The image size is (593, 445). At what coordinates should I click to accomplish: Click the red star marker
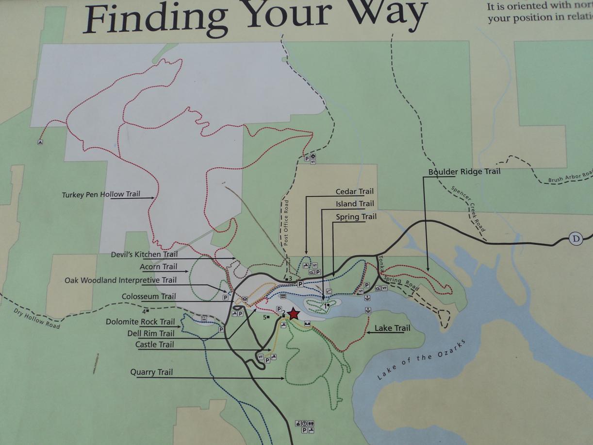[x=294, y=314]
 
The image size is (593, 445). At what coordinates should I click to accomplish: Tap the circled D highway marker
[x=576, y=239]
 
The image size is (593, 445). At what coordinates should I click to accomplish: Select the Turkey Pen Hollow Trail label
[x=101, y=194]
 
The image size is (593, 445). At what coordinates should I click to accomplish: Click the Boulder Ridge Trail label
[x=464, y=171]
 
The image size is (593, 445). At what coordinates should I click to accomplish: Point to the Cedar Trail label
[x=355, y=192]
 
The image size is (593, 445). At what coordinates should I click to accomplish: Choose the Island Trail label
[x=355, y=204]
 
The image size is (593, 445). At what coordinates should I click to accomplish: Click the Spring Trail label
[x=356, y=217]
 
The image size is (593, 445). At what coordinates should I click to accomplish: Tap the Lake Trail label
[x=392, y=328]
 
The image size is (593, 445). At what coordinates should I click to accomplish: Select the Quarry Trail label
[x=151, y=373]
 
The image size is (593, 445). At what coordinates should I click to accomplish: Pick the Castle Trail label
[x=154, y=345]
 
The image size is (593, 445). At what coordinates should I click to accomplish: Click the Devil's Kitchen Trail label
[x=144, y=255]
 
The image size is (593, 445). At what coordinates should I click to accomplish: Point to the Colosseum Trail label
[x=148, y=296]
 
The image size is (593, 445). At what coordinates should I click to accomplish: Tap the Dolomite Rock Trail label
[x=140, y=322]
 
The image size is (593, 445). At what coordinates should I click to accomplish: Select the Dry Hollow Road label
[x=37, y=318]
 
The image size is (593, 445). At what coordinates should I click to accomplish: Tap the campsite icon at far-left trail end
[x=40, y=142]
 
